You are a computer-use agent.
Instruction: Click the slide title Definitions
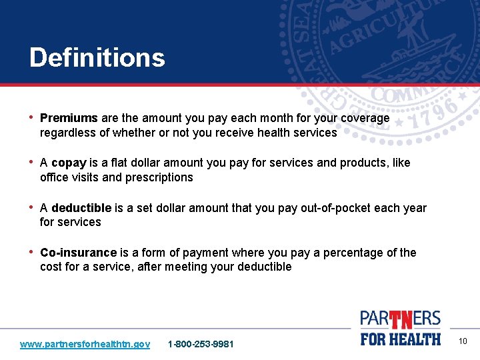click(97, 58)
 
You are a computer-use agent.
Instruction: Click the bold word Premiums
click(69, 118)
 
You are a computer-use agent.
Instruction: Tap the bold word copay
click(69, 163)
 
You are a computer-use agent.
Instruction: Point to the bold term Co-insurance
click(78, 253)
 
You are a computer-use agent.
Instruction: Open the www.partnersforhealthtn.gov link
click(85, 344)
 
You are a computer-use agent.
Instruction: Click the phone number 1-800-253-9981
click(201, 344)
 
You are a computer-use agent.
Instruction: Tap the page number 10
click(463, 342)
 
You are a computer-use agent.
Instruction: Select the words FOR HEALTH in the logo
click(401, 339)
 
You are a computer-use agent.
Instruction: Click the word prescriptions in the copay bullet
click(161, 177)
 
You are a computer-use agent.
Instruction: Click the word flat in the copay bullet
click(123, 163)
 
